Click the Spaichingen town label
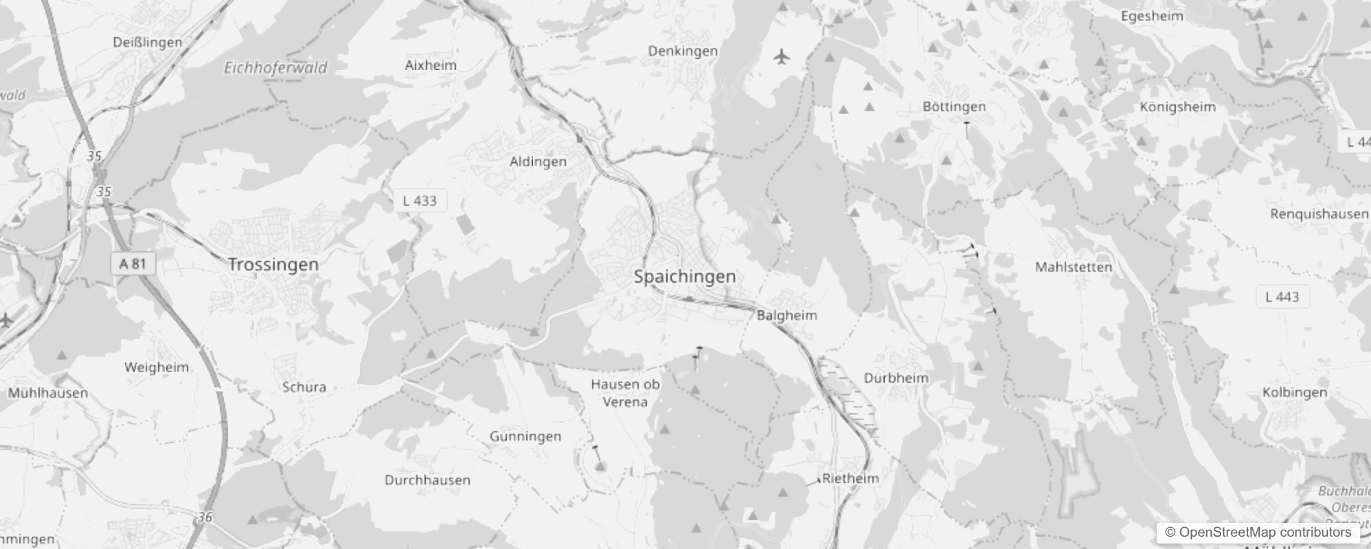684,277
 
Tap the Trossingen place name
273,264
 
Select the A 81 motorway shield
133,264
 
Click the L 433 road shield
420,200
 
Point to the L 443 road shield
1282,296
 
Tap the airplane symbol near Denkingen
781,56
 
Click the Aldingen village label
538,161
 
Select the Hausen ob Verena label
625,393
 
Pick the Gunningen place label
525,436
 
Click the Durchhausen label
427,480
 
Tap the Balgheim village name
786,315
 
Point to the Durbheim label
896,377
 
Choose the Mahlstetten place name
1073,267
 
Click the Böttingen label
954,106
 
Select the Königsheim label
1177,107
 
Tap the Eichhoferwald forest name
275,67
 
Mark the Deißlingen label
148,42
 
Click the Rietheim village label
850,478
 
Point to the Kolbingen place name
1294,393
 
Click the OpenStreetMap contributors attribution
1258,532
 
